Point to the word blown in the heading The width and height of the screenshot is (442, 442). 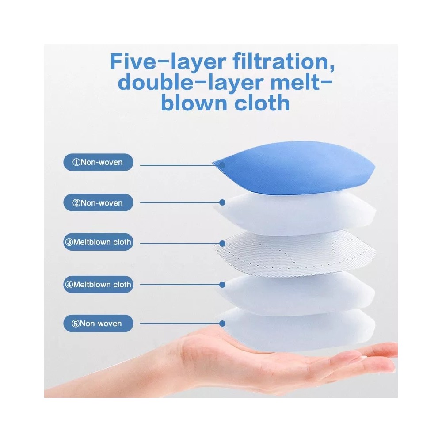pyautogui.click(x=194, y=103)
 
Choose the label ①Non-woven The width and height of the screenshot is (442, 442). pyautogui.click(x=98, y=162)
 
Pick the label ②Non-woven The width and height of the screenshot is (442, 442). pyautogui.click(x=98, y=203)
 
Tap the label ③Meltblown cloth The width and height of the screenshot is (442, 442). pyautogui.click(x=98, y=242)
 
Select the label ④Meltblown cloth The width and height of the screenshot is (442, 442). pyautogui.click(x=98, y=284)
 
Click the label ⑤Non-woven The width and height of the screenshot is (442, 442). pyautogui.click(x=98, y=324)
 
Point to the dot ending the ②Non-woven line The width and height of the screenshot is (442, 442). pyautogui.click(x=222, y=202)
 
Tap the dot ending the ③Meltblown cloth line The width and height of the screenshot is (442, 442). pyautogui.click(x=222, y=243)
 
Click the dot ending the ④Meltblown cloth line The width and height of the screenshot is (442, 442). pyautogui.click(x=222, y=285)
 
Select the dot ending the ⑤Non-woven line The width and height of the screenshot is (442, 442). pyautogui.click(x=222, y=324)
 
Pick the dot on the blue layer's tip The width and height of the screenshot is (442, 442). pyautogui.click(x=222, y=165)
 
